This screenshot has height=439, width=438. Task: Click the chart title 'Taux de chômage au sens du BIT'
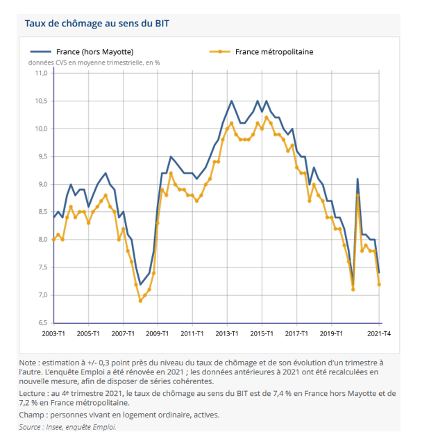pos(97,23)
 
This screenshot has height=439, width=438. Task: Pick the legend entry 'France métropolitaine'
pos(273,51)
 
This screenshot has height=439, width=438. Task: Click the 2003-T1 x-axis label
pos(53,333)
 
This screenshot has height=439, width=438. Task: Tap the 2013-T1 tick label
pos(227,333)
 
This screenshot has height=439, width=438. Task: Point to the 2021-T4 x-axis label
pos(379,333)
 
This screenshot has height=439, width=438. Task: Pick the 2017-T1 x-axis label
pos(296,333)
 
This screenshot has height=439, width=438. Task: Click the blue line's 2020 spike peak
pos(357,179)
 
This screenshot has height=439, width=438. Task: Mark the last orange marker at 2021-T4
pos(379,284)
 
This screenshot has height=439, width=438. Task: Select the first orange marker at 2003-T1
pos(54,240)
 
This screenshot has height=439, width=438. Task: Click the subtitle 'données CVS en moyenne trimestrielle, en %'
pos(94,62)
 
